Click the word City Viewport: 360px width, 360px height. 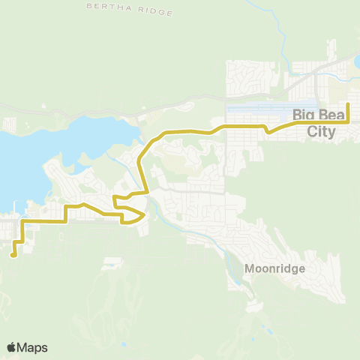pos(322,133)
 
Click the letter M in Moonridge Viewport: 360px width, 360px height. pos(249,267)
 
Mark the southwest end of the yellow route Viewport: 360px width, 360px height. pos(13,256)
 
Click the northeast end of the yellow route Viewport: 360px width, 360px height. pos(348,103)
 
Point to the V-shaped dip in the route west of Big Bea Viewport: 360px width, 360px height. pos(267,130)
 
